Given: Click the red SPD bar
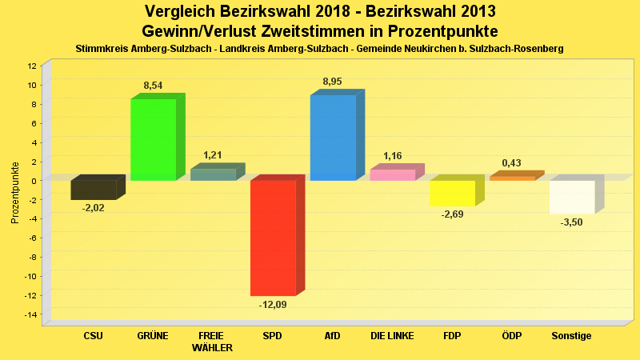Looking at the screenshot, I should pyautogui.click(x=273, y=238).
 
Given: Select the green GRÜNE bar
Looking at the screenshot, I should pyautogui.click(x=153, y=139).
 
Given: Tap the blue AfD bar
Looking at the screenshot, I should pyautogui.click(x=333, y=138).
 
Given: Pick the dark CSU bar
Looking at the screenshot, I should pyautogui.click(x=94, y=190).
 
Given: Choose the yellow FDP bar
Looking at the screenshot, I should pyautogui.click(x=452, y=193).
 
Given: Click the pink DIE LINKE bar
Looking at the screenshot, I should pyautogui.click(x=392, y=174).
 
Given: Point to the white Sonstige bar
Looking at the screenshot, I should pyautogui.click(x=572, y=197).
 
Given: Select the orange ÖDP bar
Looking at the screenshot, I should pyautogui.click(x=512, y=178).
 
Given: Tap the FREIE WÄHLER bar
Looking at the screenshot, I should pyautogui.click(x=213, y=174).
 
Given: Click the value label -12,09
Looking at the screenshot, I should pyautogui.click(x=272, y=305).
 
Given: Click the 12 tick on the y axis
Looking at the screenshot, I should pyautogui.click(x=32, y=66).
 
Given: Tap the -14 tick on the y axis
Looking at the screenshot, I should pyautogui.click(x=30, y=315).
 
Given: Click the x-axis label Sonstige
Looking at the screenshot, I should pyautogui.click(x=571, y=336).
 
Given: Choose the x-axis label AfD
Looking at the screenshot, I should pyautogui.click(x=332, y=336).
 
